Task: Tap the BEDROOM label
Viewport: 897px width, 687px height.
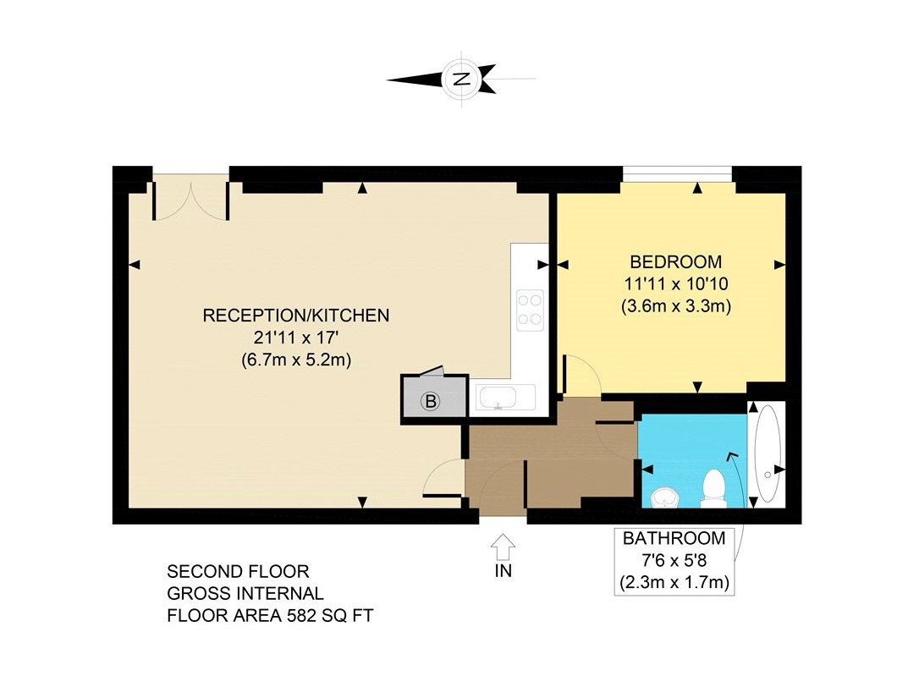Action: click(x=675, y=262)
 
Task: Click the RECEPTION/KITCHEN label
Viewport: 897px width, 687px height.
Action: click(x=296, y=316)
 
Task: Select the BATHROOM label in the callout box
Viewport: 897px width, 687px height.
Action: click(x=674, y=538)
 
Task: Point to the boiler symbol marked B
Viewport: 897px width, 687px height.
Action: click(x=430, y=401)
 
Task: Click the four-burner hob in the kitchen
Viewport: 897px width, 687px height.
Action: click(x=531, y=311)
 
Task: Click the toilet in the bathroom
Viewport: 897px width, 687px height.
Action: click(x=713, y=489)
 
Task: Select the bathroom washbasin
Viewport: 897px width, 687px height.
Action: click(x=664, y=497)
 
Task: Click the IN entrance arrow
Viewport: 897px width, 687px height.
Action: click(x=503, y=547)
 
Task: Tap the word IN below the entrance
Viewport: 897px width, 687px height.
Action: click(x=504, y=570)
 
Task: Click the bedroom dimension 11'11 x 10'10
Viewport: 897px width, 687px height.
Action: click(x=675, y=283)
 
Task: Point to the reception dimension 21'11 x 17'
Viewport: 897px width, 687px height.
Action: click(x=296, y=338)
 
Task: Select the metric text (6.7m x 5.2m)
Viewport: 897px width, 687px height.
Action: click(x=296, y=360)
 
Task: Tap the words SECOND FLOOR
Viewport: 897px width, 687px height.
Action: click(x=238, y=571)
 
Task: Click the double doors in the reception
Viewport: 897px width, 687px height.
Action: click(x=191, y=197)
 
